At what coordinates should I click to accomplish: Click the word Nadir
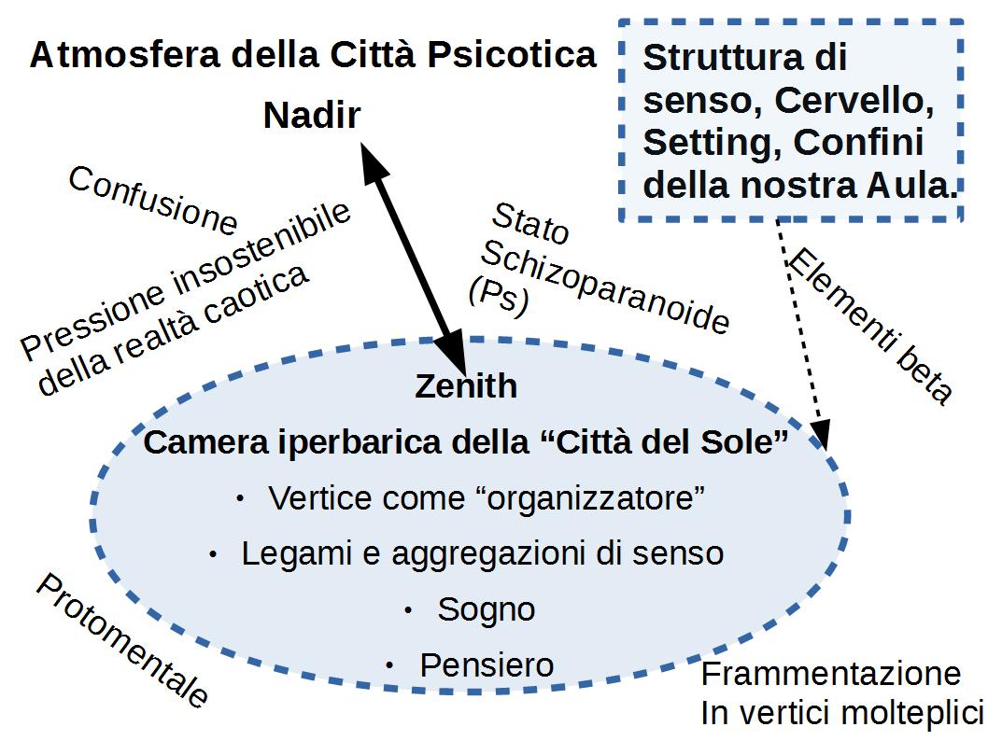coord(311,116)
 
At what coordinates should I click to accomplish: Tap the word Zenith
coord(466,385)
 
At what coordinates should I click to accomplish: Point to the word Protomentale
coord(121,639)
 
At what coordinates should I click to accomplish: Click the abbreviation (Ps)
coord(498,296)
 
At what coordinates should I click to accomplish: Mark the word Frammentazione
coord(830,674)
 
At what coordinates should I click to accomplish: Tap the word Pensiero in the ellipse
coord(487,665)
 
